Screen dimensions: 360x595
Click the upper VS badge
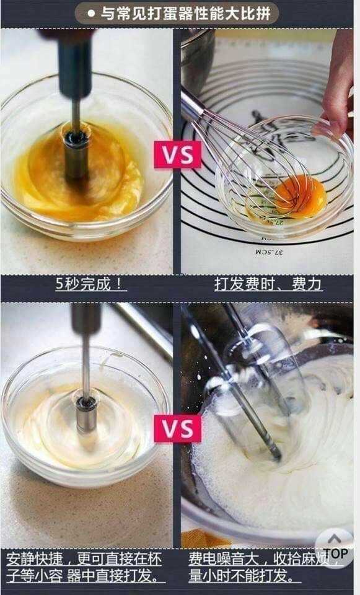(177, 154)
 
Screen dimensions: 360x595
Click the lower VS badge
(177, 428)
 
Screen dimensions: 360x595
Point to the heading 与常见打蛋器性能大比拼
(185, 14)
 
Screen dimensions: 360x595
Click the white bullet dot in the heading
(91, 14)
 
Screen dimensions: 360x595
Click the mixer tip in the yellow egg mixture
(77, 156)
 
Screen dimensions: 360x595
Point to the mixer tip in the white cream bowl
(86, 413)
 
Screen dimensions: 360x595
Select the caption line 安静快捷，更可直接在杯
(84, 559)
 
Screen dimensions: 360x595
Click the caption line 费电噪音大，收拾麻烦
(259, 559)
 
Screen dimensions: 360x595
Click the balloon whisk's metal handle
(192, 106)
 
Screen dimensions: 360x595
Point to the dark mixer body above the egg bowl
(75, 64)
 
